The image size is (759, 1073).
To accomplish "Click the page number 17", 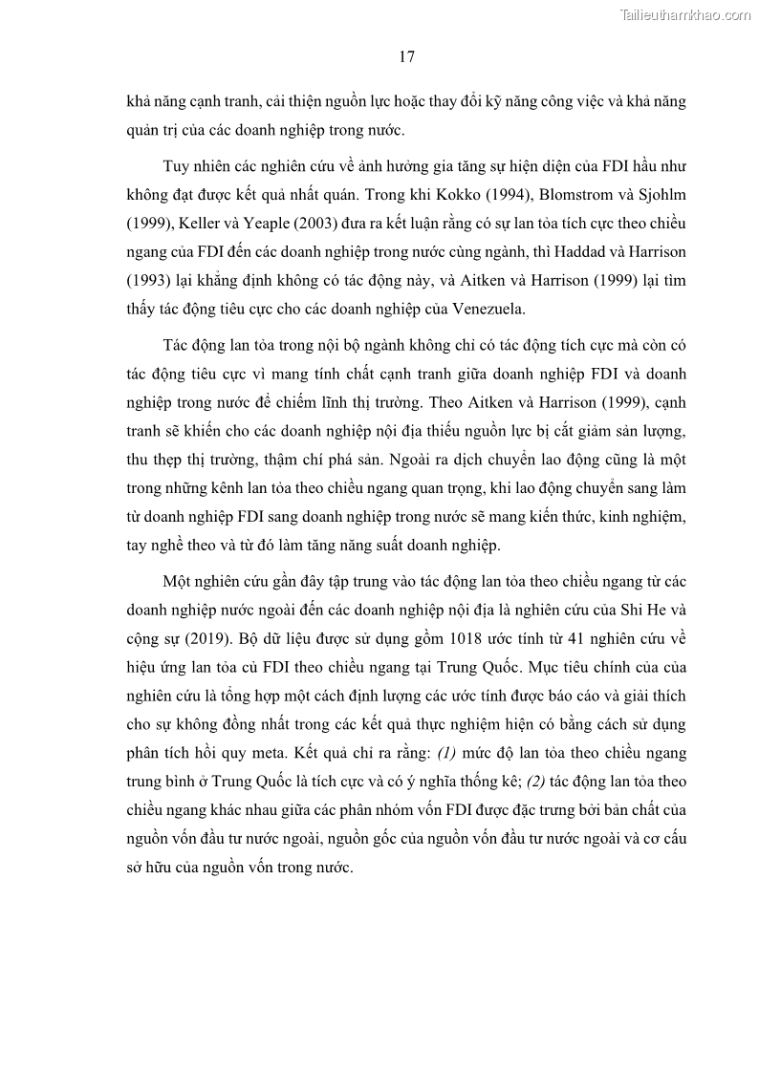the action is click(x=406, y=56).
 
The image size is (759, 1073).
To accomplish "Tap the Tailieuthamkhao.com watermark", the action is click(x=685, y=14).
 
